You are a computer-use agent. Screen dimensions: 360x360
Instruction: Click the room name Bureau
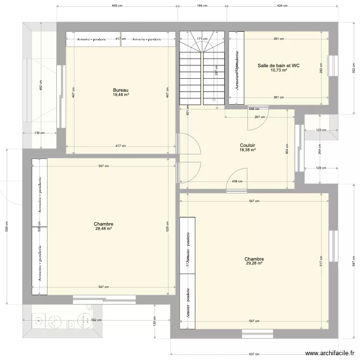tap(121, 90)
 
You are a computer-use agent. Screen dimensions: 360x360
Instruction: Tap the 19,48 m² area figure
tap(121, 95)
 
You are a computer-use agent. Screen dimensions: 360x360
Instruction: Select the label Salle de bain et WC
tap(278, 65)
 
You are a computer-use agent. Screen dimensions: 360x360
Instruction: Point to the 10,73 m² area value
tap(278, 70)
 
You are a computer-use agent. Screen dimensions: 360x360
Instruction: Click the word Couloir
tap(248, 145)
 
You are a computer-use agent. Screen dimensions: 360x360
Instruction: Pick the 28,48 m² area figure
tap(104, 229)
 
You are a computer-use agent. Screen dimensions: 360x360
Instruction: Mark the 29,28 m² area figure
tap(254, 263)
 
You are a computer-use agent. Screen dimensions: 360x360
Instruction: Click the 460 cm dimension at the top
tap(117, 6)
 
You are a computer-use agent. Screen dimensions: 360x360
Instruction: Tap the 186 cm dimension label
tap(202, 6)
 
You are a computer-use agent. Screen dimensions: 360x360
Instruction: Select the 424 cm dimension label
tap(282, 6)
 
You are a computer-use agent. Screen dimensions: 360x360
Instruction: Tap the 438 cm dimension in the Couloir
tap(237, 182)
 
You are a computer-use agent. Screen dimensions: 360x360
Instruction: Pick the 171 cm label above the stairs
tap(202, 39)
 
